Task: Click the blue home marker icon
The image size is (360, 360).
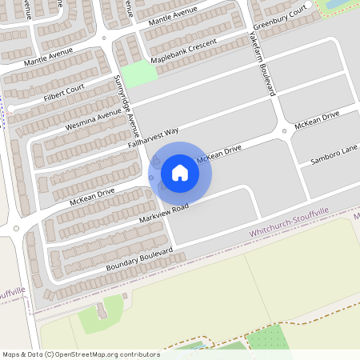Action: pos(180,172)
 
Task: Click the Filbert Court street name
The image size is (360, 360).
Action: pos(65,94)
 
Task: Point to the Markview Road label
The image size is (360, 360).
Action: pos(163,214)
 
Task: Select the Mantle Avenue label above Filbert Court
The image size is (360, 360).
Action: pos(48,56)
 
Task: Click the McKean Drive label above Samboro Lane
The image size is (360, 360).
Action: pos(317,120)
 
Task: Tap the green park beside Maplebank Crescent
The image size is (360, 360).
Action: pos(138,74)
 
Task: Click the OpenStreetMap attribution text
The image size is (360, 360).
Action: pos(81,354)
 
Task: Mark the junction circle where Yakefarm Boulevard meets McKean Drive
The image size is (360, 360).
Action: pos(284,131)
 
